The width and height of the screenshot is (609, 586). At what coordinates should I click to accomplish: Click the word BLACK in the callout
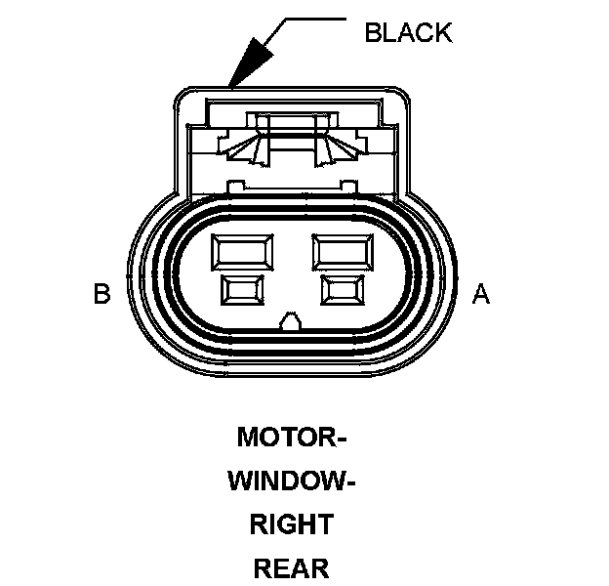point(408,32)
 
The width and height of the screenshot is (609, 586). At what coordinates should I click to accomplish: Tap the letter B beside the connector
point(101,293)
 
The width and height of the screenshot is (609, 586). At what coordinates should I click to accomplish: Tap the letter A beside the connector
point(480,293)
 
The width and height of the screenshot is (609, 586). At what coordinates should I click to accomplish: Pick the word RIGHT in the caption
point(292,524)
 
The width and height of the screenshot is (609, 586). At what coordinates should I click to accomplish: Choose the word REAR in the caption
point(292,567)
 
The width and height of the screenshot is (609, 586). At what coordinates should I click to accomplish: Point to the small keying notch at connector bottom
point(291,321)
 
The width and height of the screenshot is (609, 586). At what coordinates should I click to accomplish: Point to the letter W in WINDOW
point(239,481)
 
